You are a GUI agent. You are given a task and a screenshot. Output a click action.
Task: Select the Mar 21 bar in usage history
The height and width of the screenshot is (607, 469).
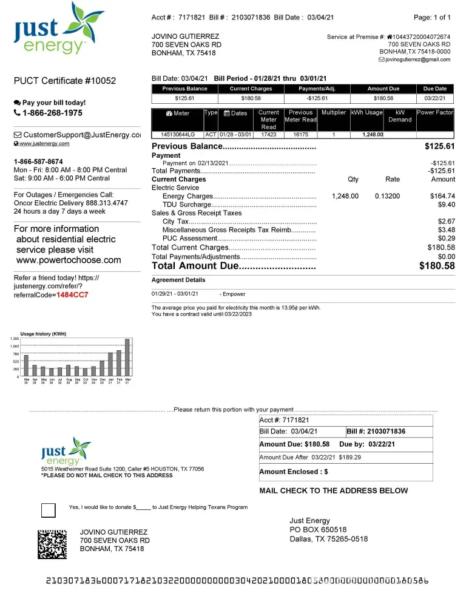[x=127, y=358]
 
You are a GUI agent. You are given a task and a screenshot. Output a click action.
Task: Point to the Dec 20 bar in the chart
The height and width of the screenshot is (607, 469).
[x=102, y=368]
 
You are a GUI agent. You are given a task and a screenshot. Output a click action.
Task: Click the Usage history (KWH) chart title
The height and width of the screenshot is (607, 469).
[x=43, y=334]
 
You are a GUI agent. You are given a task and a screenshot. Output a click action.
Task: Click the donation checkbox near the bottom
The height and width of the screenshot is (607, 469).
[x=48, y=510]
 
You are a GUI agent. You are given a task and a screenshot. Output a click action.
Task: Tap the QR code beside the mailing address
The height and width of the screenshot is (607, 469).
[x=52, y=544]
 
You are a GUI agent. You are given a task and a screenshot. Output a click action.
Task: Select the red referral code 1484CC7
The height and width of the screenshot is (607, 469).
[x=72, y=295]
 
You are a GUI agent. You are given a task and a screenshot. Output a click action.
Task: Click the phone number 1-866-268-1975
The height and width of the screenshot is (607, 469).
[x=52, y=113]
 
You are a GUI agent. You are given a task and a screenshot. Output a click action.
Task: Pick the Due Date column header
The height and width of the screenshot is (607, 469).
[x=434, y=89]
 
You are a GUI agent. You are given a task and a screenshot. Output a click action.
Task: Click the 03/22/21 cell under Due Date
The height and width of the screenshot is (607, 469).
[x=434, y=98]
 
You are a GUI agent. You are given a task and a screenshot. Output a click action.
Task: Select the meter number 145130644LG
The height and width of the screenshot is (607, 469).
[x=178, y=134]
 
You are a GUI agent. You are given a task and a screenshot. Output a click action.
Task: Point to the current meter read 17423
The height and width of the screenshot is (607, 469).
[x=268, y=134]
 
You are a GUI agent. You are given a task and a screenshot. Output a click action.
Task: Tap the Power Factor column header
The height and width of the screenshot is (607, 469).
[x=435, y=113]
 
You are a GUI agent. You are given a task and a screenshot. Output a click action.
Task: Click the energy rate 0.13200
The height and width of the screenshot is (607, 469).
[x=388, y=196]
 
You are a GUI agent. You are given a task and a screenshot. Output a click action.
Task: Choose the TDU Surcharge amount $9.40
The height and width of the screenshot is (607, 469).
[x=446, y=205]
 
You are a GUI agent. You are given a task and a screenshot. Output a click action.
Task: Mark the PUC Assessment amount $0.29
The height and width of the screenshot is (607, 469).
[x=446, y=239]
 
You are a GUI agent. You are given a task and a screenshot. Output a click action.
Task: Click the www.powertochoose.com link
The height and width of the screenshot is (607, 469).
[x=68, y=260]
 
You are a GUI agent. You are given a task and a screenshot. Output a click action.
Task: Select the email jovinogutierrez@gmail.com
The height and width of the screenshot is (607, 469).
[x=418, y=59]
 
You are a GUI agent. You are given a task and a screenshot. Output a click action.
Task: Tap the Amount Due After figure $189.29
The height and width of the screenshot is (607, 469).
[x=350, y=457]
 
